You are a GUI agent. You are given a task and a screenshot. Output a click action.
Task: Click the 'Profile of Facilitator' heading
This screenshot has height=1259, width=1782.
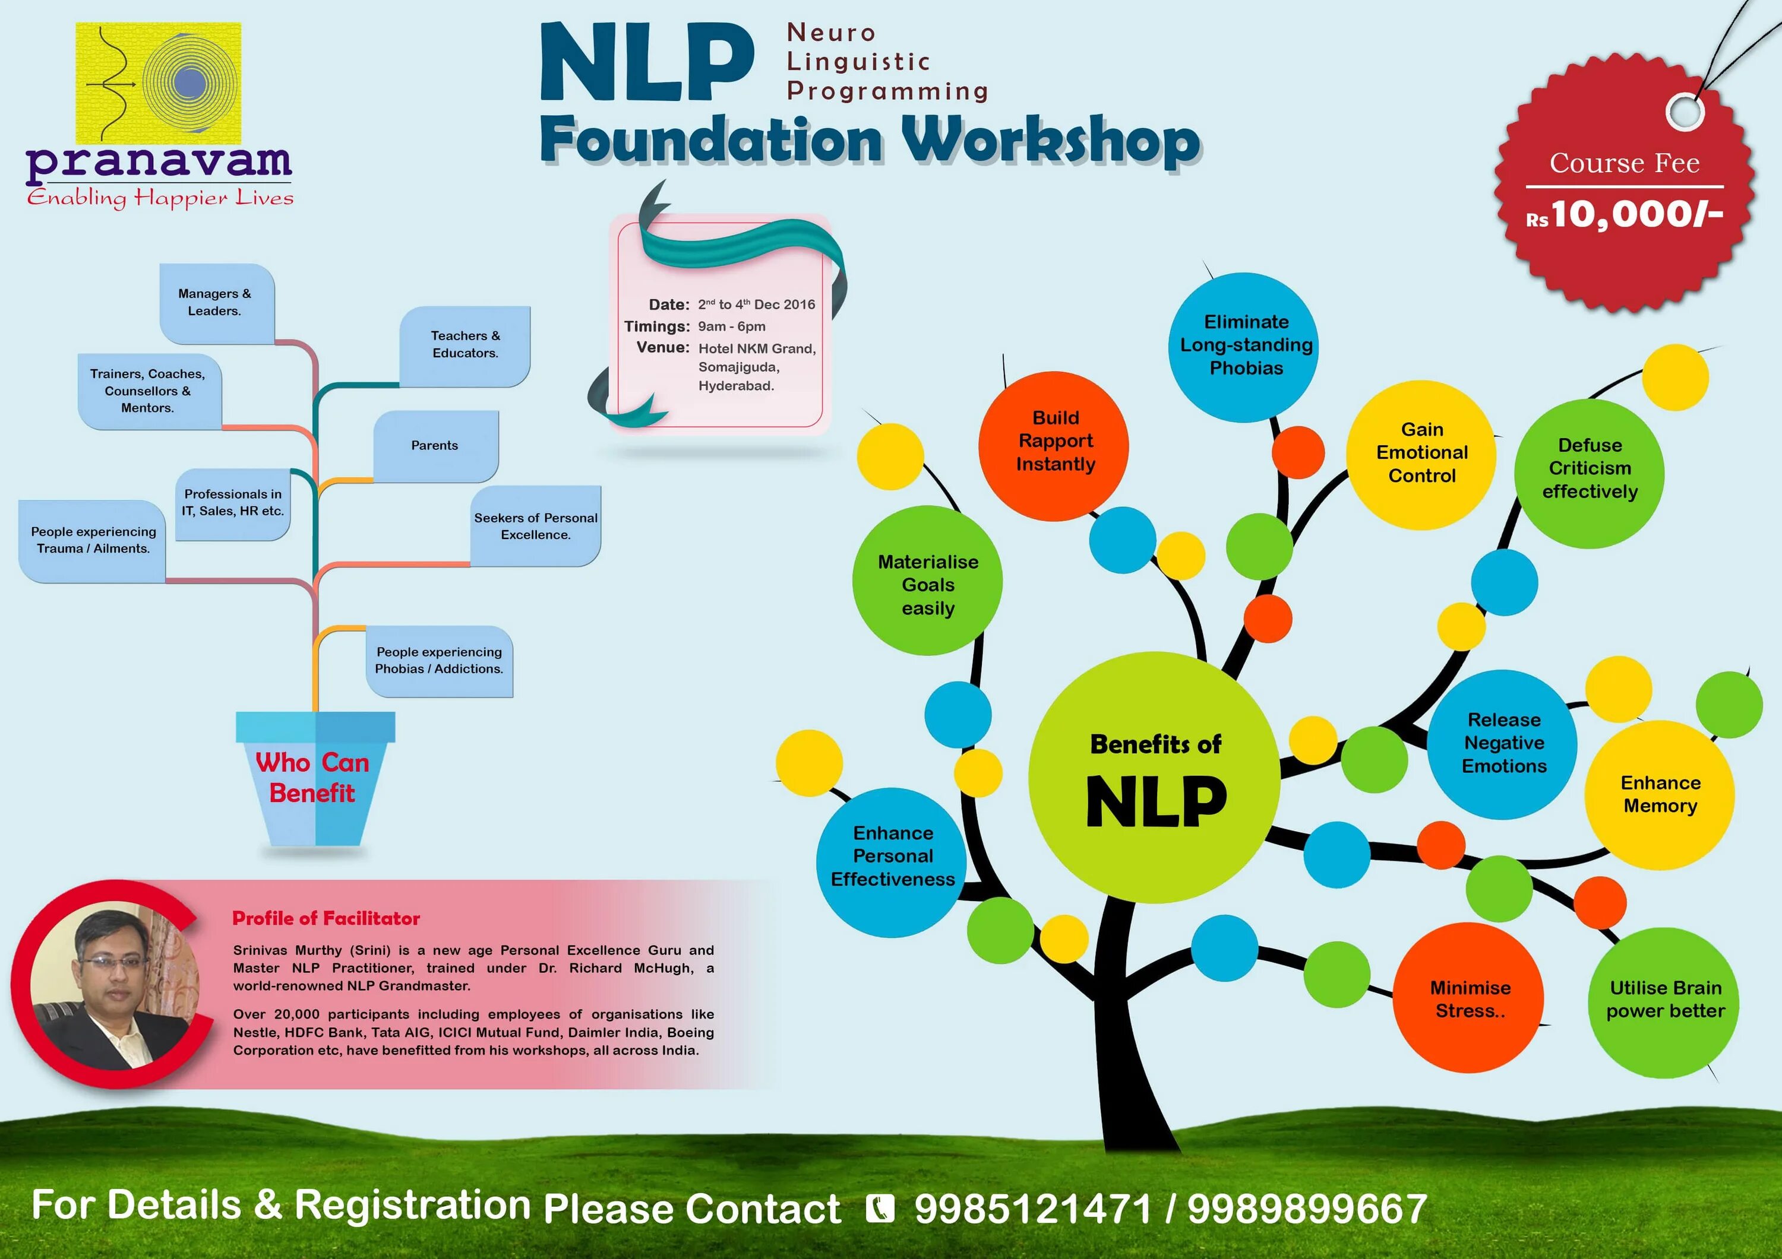tap(326, 918)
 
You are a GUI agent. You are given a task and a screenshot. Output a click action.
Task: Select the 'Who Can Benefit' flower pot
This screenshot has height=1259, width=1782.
tap(314, 779)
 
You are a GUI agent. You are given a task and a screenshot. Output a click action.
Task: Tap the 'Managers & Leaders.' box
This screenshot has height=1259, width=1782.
tap(216, 303)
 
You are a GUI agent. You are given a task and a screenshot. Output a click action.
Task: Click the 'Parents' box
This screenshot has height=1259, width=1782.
tap(435, 445)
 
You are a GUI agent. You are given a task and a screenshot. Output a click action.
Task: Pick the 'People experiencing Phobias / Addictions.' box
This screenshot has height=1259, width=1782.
tap(440, 660)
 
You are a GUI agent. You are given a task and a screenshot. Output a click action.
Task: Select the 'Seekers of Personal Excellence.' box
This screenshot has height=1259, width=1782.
tap(536, 526)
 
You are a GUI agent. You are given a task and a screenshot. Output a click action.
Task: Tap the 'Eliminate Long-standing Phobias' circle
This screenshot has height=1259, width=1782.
tap(1244, 346)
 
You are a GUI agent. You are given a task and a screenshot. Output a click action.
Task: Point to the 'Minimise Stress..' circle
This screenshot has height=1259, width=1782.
tap(1468, 998)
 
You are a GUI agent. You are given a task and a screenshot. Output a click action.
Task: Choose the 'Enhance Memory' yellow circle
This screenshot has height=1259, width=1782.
tap(1660, 794)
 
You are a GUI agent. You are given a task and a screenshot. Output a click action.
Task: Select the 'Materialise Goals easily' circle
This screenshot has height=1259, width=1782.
tap(927, 582)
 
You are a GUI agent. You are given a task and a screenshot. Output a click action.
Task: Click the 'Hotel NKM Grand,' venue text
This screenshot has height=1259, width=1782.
tap(757, 349)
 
